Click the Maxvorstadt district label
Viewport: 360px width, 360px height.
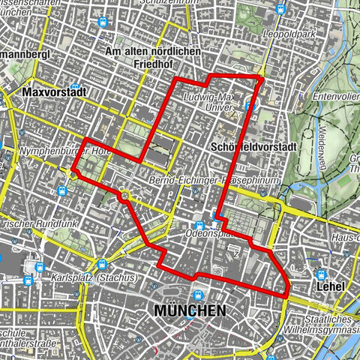(55, 93)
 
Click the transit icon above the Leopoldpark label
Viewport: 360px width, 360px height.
(280, 10)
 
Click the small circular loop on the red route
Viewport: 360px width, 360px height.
(123, 196)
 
